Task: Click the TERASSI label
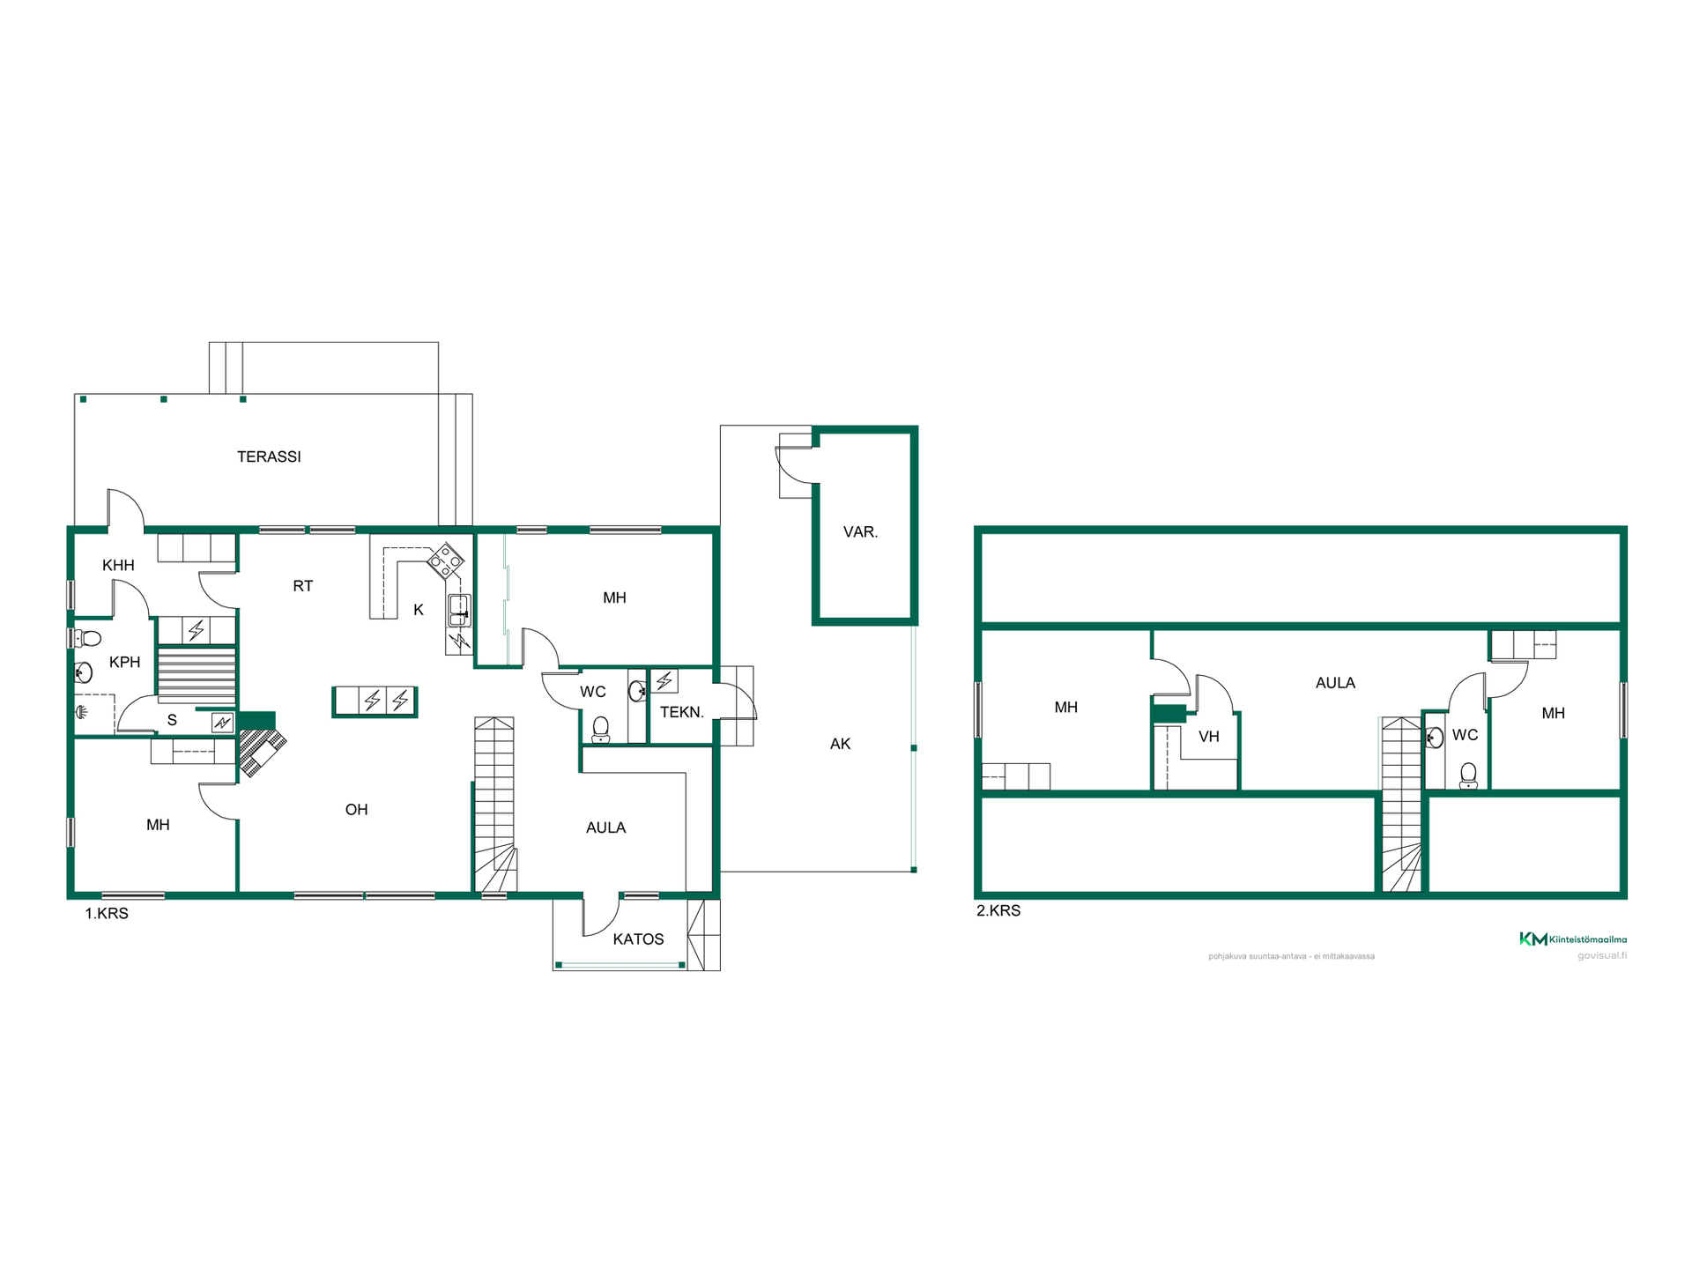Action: (269, 456)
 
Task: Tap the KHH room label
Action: (118, 566)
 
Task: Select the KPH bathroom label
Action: (124, 662)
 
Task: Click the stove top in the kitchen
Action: (446, 560)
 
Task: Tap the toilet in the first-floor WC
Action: (601, 730)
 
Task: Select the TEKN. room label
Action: (682, 712)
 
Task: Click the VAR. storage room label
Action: (860, 532)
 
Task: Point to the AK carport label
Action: (840, 744)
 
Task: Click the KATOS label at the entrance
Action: (638, 939)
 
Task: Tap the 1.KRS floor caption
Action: (107, 914)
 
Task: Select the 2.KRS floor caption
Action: (998, 911)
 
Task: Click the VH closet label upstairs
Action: (1208, 737)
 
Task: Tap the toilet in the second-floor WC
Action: (1468, 775)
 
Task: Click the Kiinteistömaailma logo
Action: (1573, 939)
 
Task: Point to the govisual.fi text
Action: (1602, 955)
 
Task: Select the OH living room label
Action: (356, 810)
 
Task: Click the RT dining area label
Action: (302, 586)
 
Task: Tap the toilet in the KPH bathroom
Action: (86, 638)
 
